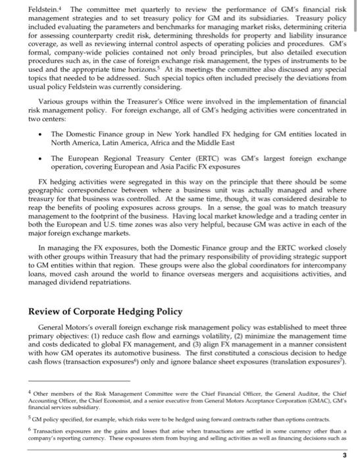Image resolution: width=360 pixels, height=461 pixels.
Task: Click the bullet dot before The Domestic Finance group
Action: tap(43, 151)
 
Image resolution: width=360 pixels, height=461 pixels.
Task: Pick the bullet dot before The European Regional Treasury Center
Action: tap(43, 177)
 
